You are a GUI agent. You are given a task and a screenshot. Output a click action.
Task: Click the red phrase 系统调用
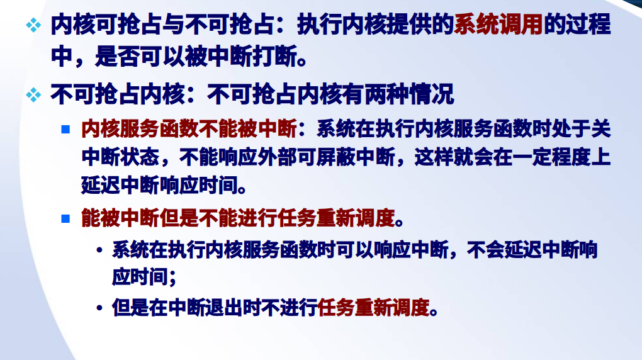[498, 25]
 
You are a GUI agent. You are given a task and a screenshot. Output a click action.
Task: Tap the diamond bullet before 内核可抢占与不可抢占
[33, 25]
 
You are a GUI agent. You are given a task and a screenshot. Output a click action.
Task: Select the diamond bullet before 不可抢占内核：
[33, 95]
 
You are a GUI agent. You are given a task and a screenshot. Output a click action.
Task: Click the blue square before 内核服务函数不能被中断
[65, 130]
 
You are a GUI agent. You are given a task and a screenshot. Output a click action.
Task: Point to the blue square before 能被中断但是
[65, 218]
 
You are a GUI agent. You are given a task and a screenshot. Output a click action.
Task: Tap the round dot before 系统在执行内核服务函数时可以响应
[99, 249]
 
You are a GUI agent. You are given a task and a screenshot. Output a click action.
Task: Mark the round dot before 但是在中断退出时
[99, 307]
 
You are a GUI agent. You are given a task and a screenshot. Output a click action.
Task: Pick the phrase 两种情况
[410, 94]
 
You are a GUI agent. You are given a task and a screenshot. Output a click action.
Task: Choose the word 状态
[140, 157]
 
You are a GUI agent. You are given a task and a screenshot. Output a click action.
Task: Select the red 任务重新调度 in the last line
[373, 307]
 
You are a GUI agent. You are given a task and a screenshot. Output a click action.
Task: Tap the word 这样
[434, 157]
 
